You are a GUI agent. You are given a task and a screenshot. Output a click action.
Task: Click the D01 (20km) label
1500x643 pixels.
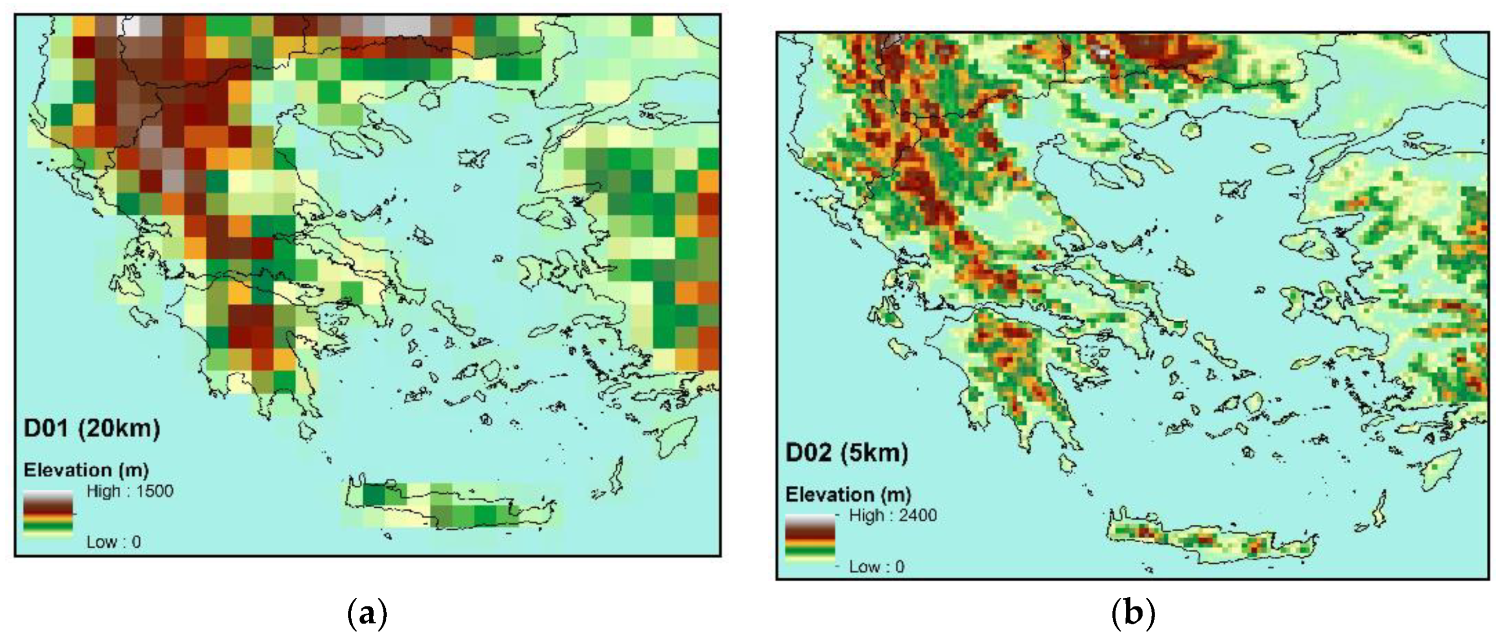pyautogui.click(x=92, y=429)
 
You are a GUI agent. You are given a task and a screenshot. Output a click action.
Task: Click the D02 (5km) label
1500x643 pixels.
pyautogui.click(x=847, y=453)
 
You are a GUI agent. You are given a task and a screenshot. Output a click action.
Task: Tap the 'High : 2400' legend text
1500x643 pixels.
pyautogui.click(x=892, y=515)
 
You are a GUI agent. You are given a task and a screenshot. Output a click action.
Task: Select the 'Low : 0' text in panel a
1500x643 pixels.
pyautogui.click(x=114, y=542)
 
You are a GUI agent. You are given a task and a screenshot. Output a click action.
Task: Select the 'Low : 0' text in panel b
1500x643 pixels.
pyautogui.click(x=876, y=567)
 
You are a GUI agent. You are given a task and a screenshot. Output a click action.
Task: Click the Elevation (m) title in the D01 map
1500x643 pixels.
pyautogui.click(x=86, y=470)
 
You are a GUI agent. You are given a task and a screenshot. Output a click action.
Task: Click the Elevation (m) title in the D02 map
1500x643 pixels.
pyautogui.click(x=848, y=495)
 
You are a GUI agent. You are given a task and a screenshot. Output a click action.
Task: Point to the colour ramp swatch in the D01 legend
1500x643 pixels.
pyautogui.click(x=48, y=512)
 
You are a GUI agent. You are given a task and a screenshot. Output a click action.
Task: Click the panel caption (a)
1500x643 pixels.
pyautogui.click(x=367, y=613)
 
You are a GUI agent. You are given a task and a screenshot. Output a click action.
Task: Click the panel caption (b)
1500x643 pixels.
pyautogui.click(x=1133, y=613)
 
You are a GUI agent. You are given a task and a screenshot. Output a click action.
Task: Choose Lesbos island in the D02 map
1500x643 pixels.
pyautogui.click(x=1310, y=247)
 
